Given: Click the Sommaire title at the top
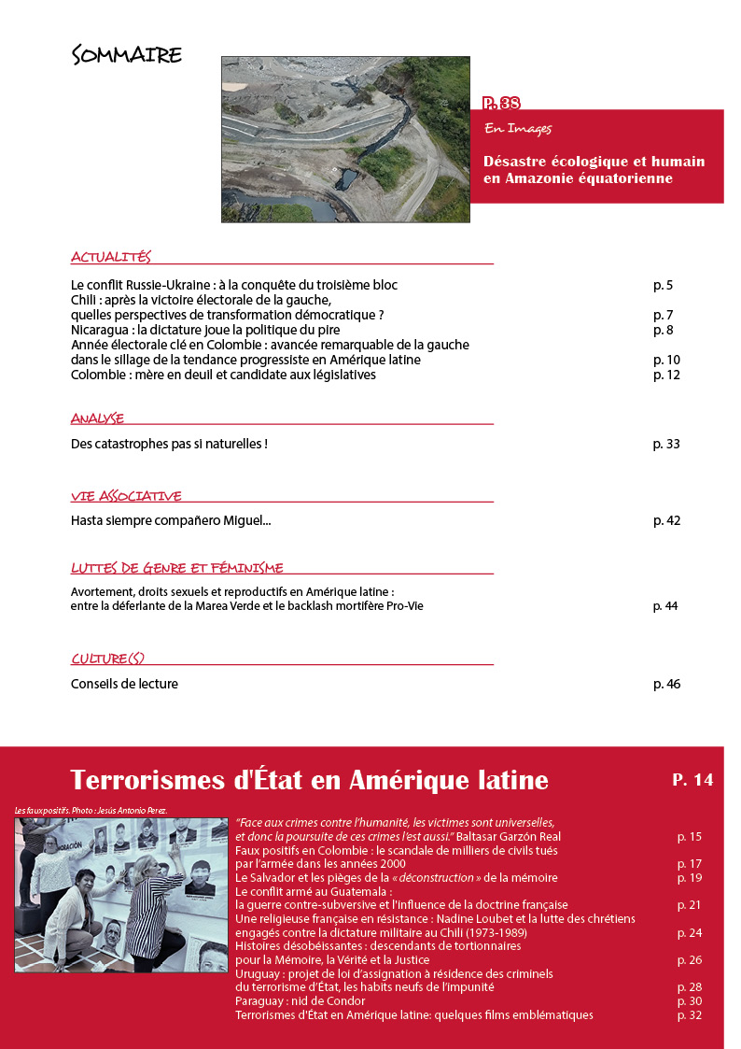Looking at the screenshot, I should [x=126, y=55].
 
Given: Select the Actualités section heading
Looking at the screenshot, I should [x=110, y=257].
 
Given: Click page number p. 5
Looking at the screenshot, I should [x=663, y=285].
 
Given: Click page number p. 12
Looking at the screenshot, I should [x=666, y=376].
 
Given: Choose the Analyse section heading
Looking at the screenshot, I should [x=97, y=418].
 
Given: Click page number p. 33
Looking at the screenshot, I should [x=666, y=444].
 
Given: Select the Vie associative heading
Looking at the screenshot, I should [x=126, y=496].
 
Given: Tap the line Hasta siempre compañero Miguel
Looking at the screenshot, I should [x=171, y=520].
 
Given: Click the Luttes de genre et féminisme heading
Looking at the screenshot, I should [x=176, y=568].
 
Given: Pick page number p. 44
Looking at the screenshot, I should [x=665, y=606].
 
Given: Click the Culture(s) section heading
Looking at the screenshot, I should [x=107, y=659].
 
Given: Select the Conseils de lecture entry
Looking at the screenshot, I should [x=124, y=684].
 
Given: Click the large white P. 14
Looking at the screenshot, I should [x=692, y=779].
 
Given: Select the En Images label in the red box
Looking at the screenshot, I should [x=518, y=128].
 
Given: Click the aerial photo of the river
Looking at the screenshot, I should [x=345, y=139].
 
